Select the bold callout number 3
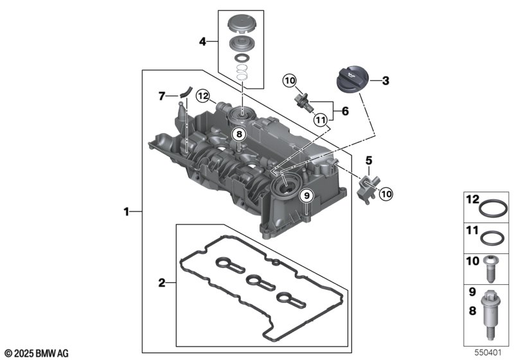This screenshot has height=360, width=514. coord(385,80)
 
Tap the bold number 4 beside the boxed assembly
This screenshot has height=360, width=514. coord(202,42)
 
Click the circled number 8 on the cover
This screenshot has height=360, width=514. coord(239,134)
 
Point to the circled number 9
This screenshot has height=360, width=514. coord(306,195)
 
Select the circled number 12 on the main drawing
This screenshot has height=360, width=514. coord(203,96)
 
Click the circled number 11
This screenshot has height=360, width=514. coord(320,120)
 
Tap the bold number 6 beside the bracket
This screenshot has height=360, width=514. coord(345,111)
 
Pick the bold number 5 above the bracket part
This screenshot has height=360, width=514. coord(369,161)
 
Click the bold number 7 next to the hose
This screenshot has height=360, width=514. coord(161,96)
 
